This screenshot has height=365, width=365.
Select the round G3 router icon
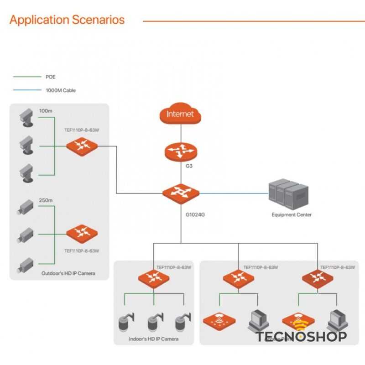tap(181, 149)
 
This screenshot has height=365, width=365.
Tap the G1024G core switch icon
tap(181, 193)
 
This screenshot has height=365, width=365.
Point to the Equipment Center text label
tap(292, 215)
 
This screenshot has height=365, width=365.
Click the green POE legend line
tap(26, 77)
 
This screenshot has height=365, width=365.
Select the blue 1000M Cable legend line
tap(26, 90)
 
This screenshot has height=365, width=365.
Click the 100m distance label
tap(46, 111)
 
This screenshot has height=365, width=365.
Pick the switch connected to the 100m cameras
tap(82, 146)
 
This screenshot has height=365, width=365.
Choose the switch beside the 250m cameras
tap(82, 233)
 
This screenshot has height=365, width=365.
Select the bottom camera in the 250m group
tap(25, 265)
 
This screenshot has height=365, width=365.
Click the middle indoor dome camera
tap(154, 322)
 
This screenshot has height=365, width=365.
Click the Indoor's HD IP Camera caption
tap(154, 339)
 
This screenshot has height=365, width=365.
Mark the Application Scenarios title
tap(67, 20)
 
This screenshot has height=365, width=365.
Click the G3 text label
tap(189, 166)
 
